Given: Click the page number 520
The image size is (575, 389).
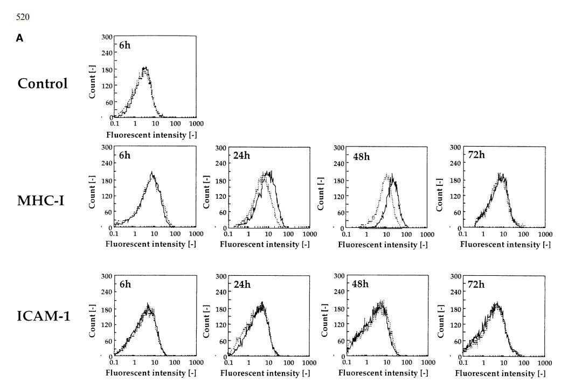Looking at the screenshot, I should point(23,17).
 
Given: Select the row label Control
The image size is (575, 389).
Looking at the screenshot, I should point(43,84).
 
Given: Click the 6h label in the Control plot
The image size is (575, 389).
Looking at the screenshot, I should point(124,45).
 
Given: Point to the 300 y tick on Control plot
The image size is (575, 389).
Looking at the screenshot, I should point(107,37).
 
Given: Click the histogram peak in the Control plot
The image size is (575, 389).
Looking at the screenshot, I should point(144,68).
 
